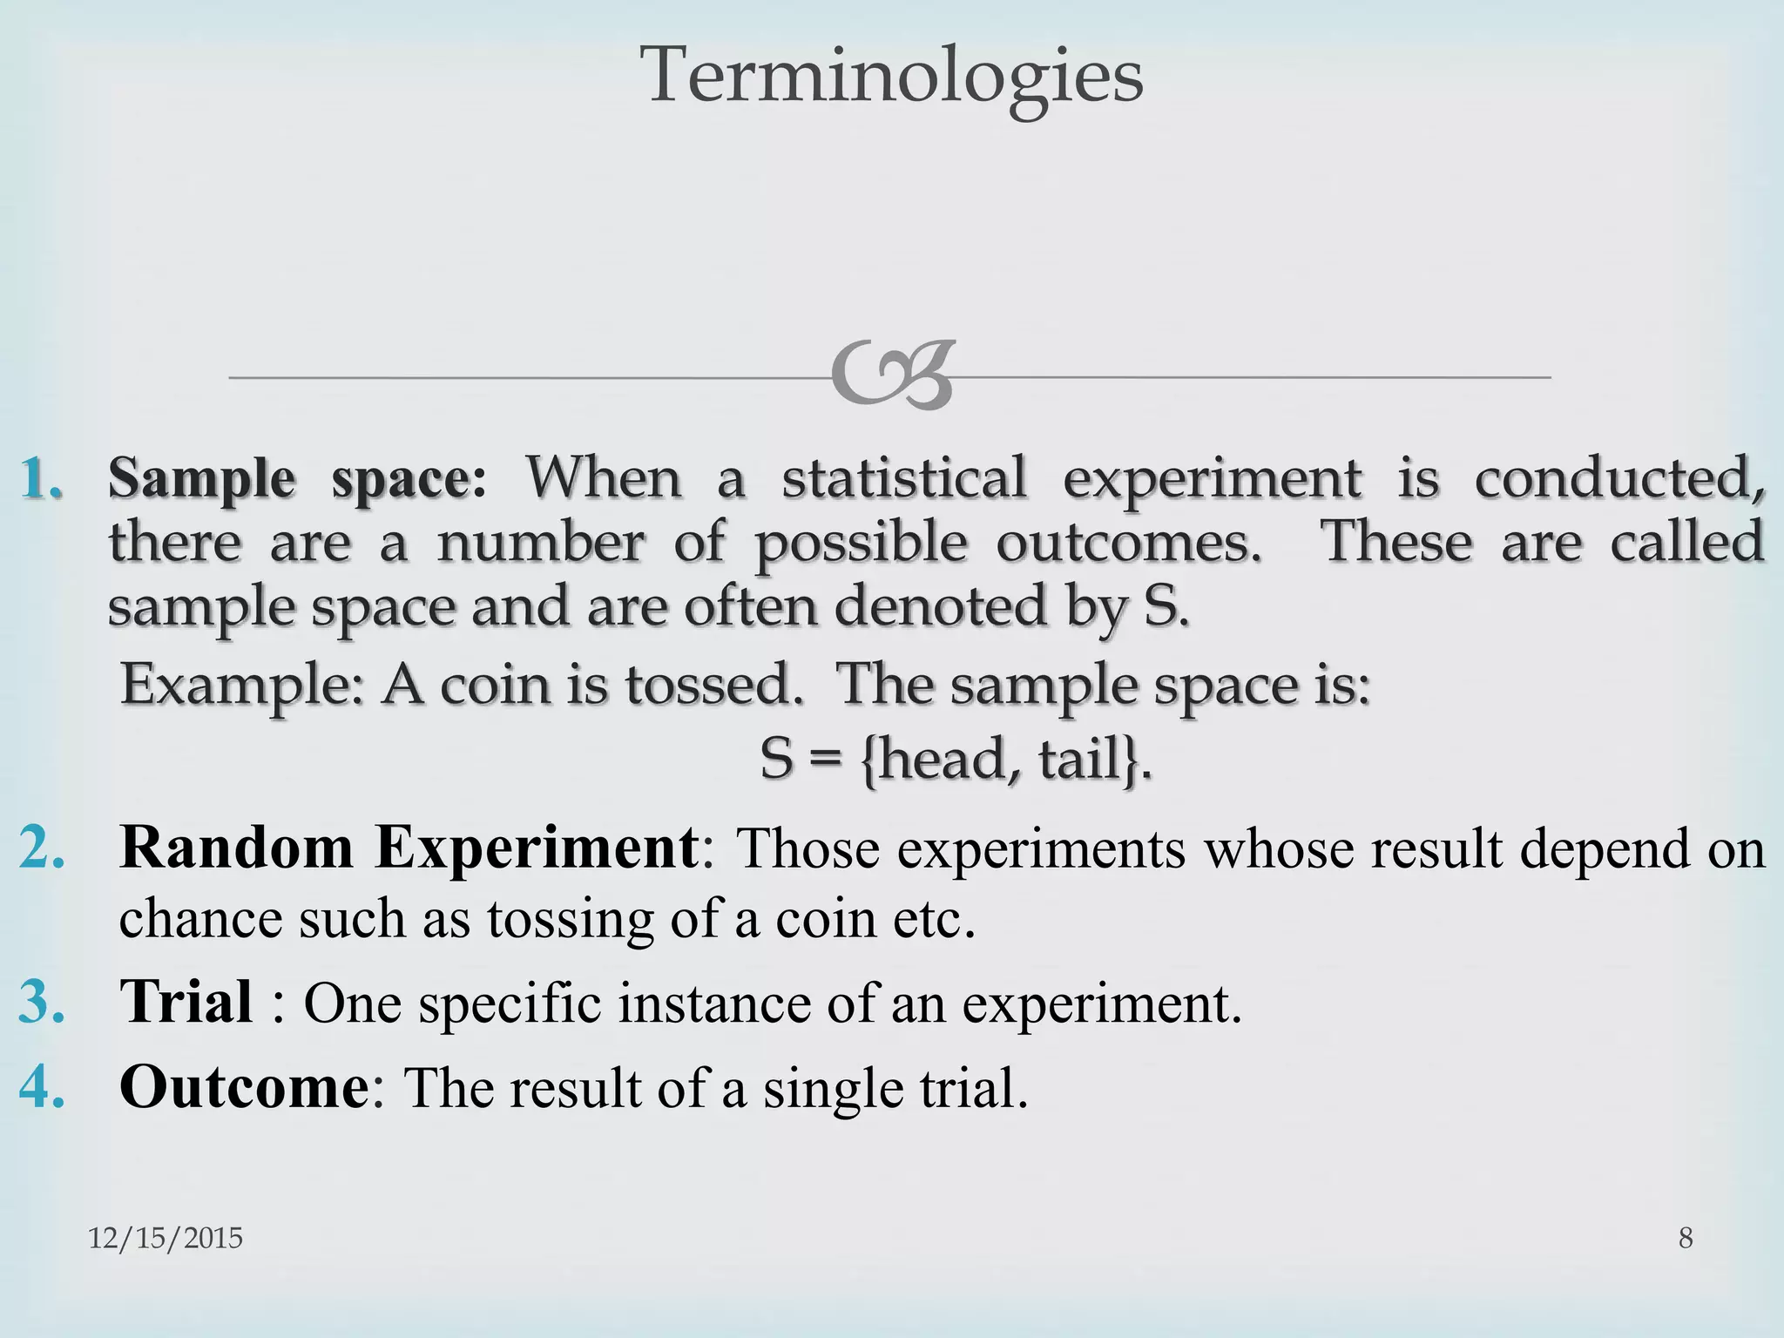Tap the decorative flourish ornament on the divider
(x=892, y=376)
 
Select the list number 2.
(x=42, y=847)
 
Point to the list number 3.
(x=42, y=1002)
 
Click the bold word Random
(x=236, y=847)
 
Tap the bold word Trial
(x=186, y=1002)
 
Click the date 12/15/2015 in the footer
(x=166, y=1238)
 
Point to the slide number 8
(x=1686, y=1238)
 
